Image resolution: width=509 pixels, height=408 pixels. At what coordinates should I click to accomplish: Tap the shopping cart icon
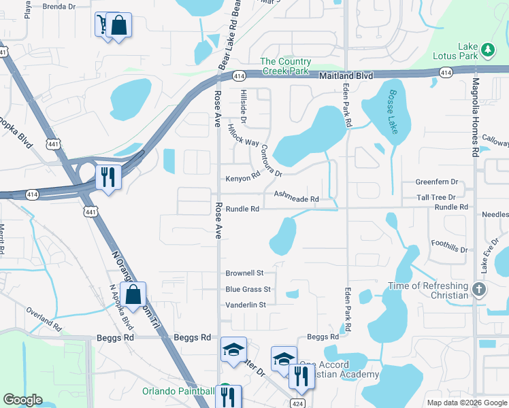point(102,24)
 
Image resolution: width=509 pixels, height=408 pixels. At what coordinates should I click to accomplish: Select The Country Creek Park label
point(286,67)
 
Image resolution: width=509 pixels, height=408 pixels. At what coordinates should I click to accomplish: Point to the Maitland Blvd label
point(346,76)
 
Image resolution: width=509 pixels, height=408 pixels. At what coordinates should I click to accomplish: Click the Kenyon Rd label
point(243,177)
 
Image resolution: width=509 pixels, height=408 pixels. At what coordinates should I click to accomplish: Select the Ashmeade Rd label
point(296,197)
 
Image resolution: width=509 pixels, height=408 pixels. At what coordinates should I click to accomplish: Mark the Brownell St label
point(244,273)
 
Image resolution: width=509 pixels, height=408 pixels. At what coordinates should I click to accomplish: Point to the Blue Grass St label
point(248,290)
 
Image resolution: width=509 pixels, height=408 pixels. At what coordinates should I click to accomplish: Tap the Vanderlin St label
point(245,305)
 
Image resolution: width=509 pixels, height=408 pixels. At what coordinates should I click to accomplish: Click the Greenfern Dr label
point(437,183)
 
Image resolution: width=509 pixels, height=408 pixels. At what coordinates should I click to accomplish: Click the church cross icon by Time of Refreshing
point(479,290)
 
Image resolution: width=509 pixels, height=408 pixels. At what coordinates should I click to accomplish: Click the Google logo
point(23,401)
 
